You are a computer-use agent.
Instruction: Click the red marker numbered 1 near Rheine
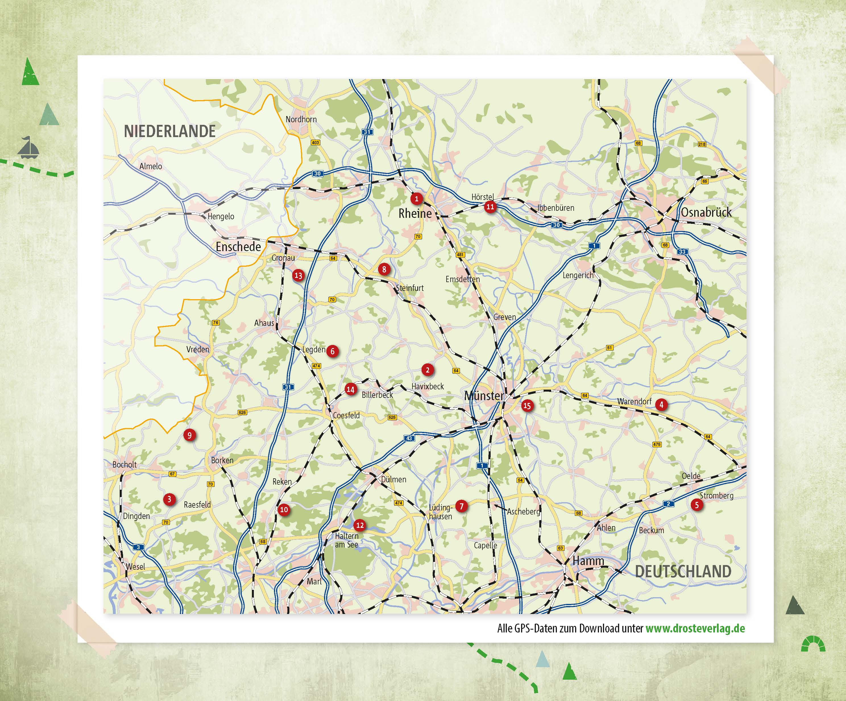(416, 198)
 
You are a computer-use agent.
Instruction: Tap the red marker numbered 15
(527, 406)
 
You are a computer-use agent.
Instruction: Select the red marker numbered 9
(189, 435)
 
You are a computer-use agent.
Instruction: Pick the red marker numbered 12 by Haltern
(360, 525)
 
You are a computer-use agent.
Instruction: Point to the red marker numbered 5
(696, 505)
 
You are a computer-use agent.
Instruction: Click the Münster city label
(484, 396)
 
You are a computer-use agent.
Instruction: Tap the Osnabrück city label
(706, 212)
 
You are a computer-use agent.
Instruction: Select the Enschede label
(238, 247)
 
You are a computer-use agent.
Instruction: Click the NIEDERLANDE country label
(170, 131)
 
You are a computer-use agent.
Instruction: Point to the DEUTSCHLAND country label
(683, 572)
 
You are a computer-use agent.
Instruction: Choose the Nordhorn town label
(301, 119)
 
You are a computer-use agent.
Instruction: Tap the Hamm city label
(588, 561)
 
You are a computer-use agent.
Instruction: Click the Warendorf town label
(634, 402)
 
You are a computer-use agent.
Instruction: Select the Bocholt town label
(125, 464)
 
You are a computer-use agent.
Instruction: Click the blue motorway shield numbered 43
(409, 438)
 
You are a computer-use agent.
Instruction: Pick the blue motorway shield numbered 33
(682, 252)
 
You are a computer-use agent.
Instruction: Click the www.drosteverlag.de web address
(695, 628)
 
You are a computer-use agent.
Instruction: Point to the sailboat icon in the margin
(28, 148)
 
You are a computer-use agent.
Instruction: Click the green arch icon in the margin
(813, 644)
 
